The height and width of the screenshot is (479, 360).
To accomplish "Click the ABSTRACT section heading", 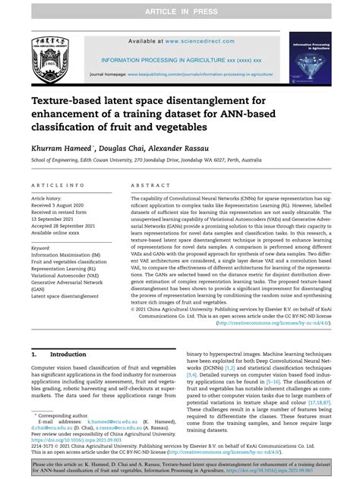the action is tap(146, 184).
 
